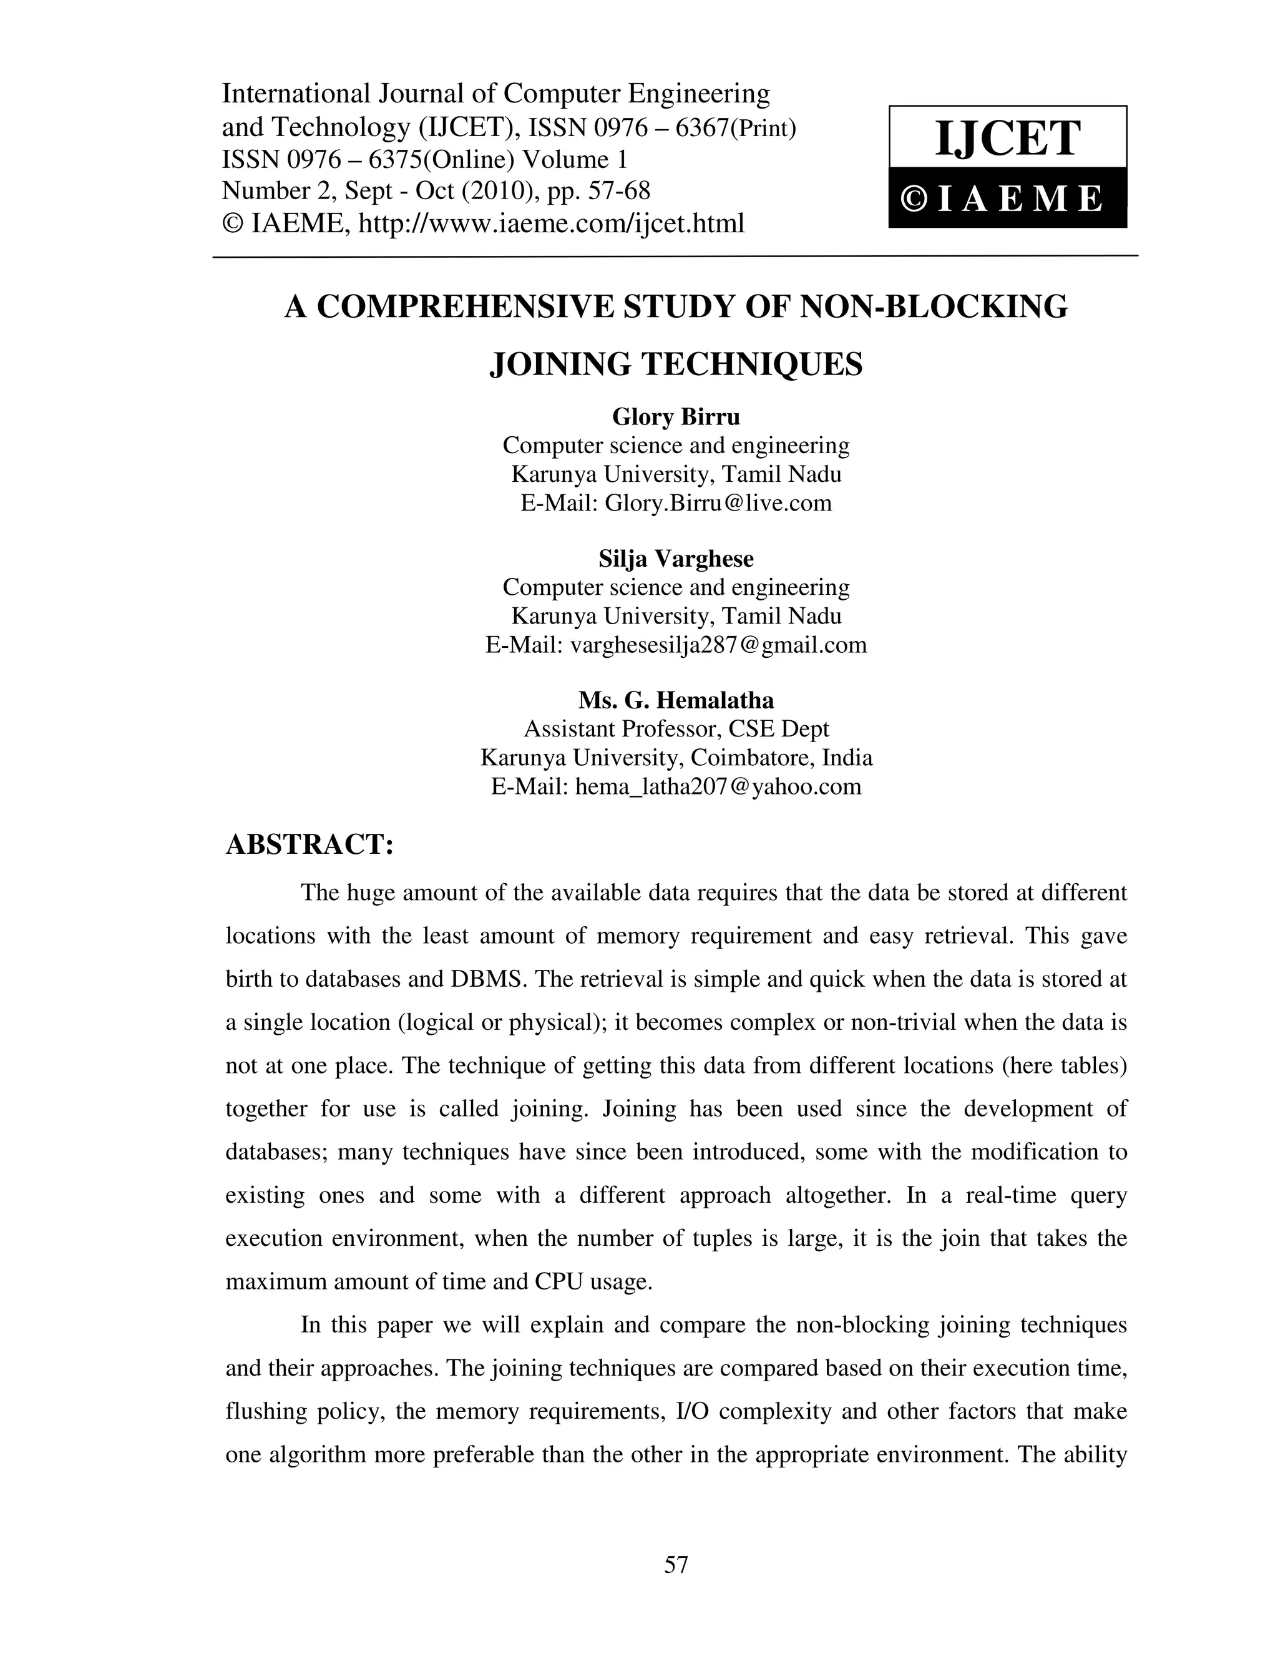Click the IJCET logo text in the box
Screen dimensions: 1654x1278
point(1007,139)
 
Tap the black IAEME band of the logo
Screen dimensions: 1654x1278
point(1007,198)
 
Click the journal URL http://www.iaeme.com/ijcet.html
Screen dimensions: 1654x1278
point(550,223)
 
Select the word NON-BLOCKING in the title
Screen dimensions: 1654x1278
point(934,306)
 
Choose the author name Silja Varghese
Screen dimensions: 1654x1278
point(675,559)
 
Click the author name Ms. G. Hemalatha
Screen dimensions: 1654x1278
point(675,700)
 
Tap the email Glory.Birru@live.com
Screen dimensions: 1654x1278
point(718,503)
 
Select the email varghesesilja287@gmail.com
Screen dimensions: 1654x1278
point(718,645)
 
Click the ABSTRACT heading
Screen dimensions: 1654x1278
point(310,844)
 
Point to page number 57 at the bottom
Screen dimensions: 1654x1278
point(675,1564)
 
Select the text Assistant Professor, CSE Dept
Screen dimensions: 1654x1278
point(675,728)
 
